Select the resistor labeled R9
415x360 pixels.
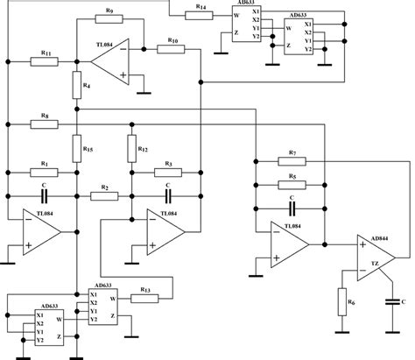pyautogui.click(x=109, y=19)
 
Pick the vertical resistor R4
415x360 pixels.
pyautogui.click(x=77, y=86)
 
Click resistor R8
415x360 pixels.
pyautogui.click(x=42, y=124)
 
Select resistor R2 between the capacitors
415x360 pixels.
pyautogui.click(x=103, y=195)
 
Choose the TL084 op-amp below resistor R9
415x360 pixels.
pyautogui.click(x=112, y=61)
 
